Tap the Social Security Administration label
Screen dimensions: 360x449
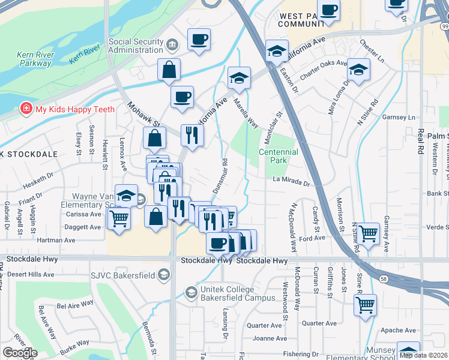[136, 46]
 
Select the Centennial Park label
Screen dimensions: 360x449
[278, 156]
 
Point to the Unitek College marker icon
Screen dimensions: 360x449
[191, 293]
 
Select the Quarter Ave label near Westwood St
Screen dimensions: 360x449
[267, 325]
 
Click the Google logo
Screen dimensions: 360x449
[20, 353]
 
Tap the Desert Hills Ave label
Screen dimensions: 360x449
[29, 274]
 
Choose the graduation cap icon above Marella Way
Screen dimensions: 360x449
[239, 78]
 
